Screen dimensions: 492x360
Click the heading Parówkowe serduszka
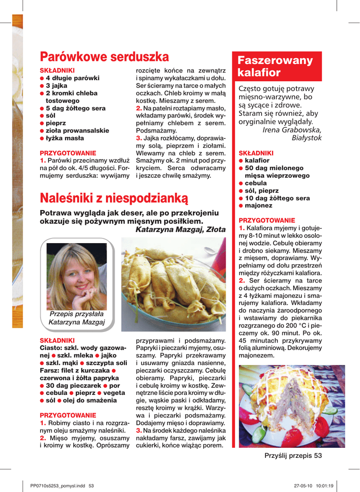(105, 57)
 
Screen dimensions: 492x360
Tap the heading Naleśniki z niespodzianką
(114, 197)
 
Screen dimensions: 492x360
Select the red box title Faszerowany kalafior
(275, 67)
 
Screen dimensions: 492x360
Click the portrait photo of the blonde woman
(77, 276)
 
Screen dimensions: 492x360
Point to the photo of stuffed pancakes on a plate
(173, 284)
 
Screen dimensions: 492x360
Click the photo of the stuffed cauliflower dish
(291, 406)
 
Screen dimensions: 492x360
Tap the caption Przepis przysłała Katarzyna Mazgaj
(77, 318)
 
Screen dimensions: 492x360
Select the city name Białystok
(307, 138)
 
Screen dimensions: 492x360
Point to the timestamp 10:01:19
(325, 485)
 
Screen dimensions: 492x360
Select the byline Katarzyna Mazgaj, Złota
(180, 230)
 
